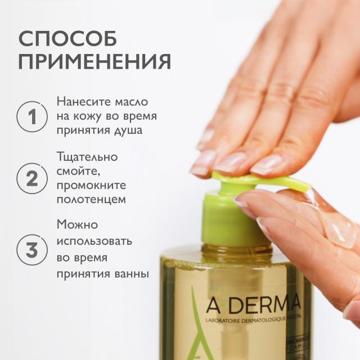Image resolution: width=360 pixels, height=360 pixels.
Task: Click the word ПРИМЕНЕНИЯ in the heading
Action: (94, 61)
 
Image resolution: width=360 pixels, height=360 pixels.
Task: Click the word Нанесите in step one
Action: (82, 102)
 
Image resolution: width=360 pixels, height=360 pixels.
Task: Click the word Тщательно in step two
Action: (87, 156)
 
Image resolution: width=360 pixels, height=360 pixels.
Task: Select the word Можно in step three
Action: (77, 224)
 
